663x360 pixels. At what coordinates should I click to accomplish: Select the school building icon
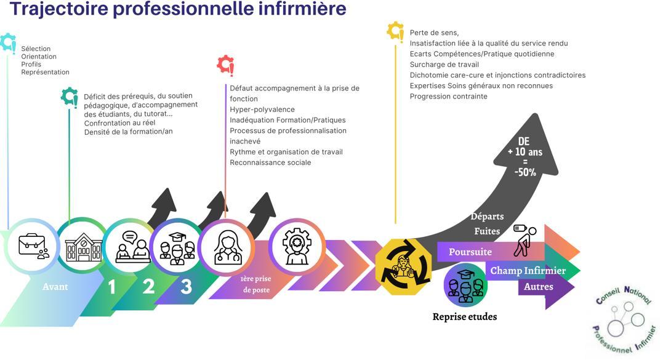[x=84, y=247]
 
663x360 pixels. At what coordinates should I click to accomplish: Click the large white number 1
[x=111, y=287]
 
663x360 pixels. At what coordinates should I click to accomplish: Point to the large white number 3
[x=186, y=287]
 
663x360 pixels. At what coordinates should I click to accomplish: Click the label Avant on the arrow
[x=55, y=287]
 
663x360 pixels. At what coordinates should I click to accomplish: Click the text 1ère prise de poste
[x=255, y=284]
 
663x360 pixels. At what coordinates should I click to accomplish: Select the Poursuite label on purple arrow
[x=470, y=252]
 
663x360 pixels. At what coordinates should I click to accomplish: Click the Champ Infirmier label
[x=528, y=270]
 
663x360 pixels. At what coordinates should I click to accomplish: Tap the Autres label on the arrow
[x=539, y=287]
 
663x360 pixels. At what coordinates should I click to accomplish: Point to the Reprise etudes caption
[x=465, y=317]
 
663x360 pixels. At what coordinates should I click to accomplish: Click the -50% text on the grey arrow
[x=525, y=172]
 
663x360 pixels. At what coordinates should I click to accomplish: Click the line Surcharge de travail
[x=444, y=65]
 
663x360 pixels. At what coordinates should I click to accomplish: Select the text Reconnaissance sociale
[x=270, y=162]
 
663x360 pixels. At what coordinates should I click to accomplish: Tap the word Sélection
[x=36, y=49]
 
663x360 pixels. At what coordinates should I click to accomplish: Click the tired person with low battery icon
[x=525, y=239]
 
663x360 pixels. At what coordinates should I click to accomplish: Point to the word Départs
[x=487, y=216]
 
